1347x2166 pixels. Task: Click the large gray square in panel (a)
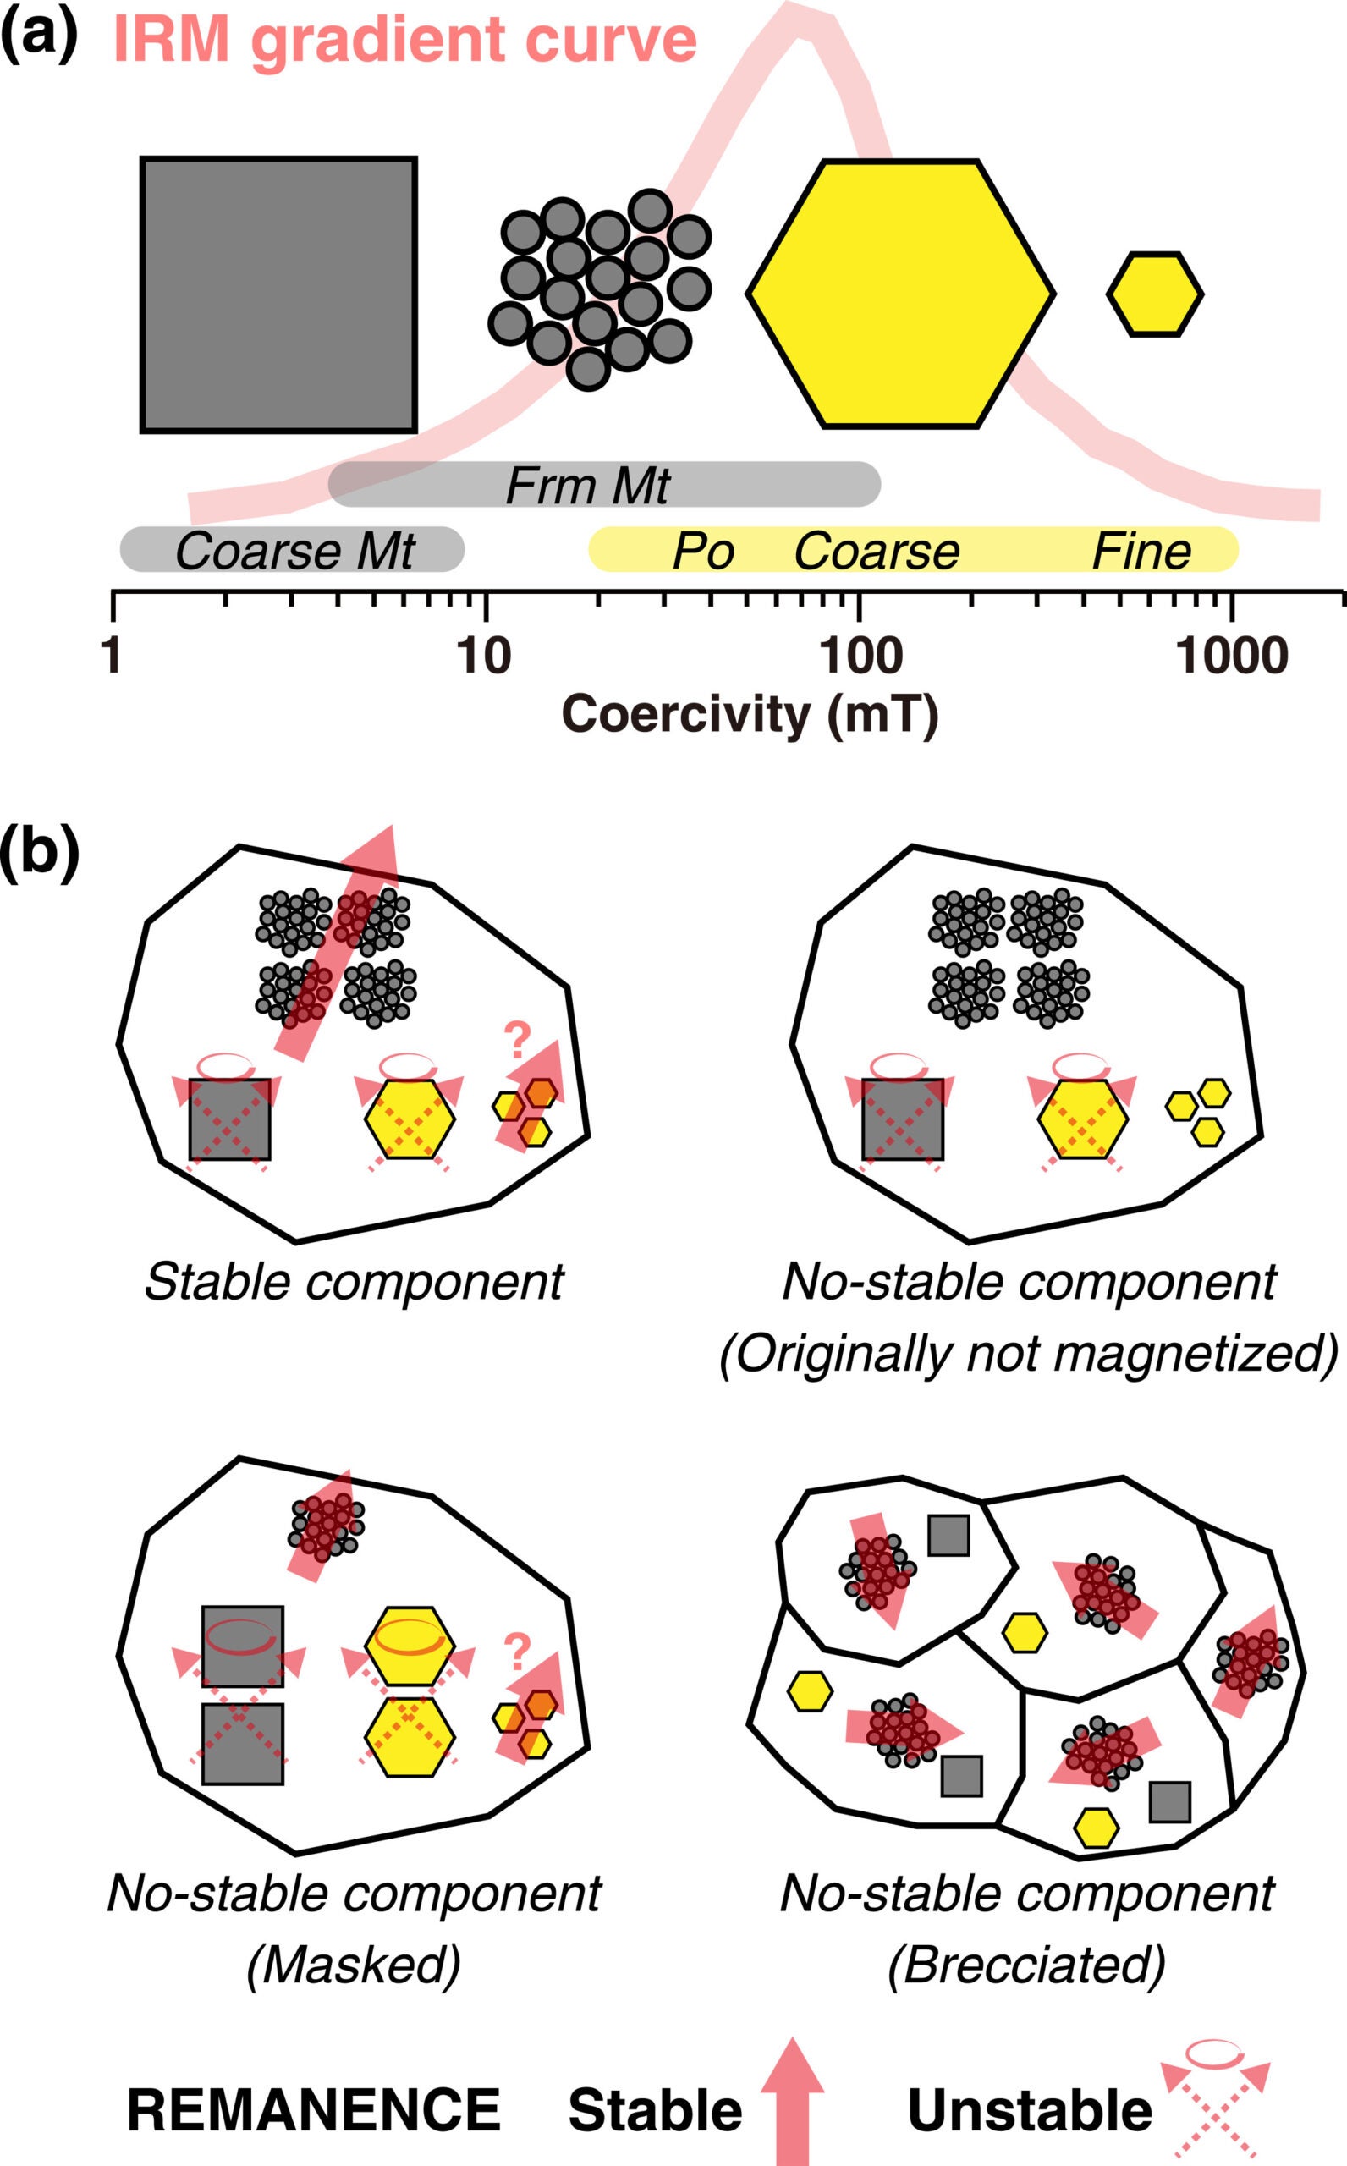[x=278, y=294]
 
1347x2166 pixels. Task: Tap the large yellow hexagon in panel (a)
[x=899, y=294]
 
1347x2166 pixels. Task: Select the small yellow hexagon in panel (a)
[x=1155, y=294]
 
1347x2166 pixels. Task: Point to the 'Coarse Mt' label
[x=294, y=552]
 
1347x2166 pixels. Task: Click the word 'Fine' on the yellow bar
[x=1141, y=552]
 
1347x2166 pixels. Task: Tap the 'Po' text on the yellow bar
[x=703, y=552]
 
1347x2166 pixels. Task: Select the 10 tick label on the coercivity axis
[x=484, y=657]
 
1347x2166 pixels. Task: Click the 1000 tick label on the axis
[x=1230, y=657]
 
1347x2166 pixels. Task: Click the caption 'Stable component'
[x=354, y=1282]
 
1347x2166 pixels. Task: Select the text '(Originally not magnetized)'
[x=1028, y=1354]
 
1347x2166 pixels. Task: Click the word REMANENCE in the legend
[x=314, y=2110]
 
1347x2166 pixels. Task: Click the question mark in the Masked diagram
[x=517, y=1653]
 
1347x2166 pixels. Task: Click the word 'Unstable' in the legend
[x=1029, y=2111]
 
